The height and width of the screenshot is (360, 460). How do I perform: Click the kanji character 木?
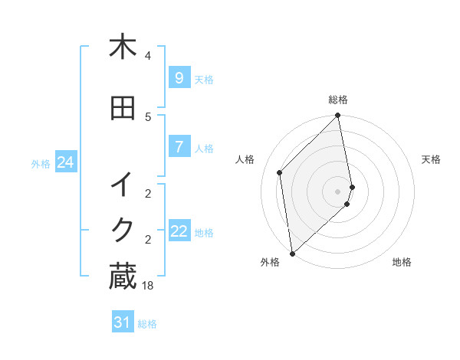123,47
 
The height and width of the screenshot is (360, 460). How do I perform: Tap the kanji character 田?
123,109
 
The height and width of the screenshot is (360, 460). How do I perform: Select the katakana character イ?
123,185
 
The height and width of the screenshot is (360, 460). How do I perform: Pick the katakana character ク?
123,231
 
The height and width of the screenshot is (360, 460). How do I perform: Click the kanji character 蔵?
123,277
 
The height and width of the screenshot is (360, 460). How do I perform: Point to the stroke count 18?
148,285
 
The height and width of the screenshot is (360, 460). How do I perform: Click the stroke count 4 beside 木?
148,56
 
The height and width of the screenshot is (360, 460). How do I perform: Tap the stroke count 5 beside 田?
148,117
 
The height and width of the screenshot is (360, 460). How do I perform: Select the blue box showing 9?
179,78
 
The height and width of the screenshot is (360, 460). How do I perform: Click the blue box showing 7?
179,147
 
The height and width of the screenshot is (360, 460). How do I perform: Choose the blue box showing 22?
179,231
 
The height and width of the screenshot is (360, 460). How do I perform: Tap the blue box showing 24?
65,162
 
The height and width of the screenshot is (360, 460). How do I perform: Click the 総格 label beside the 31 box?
147,324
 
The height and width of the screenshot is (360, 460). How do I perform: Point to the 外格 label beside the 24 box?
41,163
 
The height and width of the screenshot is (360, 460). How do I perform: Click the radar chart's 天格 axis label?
431,159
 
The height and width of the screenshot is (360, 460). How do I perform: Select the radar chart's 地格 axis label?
402,262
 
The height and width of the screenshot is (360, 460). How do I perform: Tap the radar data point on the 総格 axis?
338,116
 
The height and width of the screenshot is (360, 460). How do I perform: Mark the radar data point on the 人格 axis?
280,172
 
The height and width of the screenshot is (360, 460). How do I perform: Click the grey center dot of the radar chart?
338,191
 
